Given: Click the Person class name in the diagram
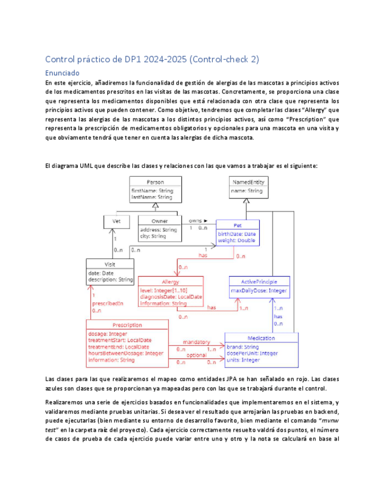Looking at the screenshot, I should pos(155,182).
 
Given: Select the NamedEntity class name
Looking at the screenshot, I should pos(247,182).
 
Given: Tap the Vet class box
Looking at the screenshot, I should pos(116,221).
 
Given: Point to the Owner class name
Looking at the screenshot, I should pos(158,221).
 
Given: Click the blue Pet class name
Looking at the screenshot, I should pos(237,225).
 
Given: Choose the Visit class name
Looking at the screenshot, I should pos(110,264).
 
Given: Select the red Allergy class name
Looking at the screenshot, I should pos(170,282).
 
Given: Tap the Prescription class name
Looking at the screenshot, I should pos(127,325).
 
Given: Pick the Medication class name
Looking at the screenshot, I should pos(261,338).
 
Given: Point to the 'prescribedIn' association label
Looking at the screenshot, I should pos(107,303).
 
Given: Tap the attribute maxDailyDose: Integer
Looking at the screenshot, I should pos(259,291).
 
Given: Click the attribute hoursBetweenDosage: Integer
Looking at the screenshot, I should pos(125,353).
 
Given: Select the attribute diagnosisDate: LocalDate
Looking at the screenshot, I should pos(171,297).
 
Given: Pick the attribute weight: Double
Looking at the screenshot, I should pos(237,240).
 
